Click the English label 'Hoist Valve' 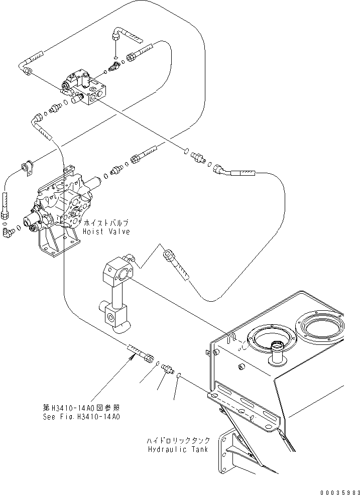107,231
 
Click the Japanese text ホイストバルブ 107,222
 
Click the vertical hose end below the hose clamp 5,206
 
